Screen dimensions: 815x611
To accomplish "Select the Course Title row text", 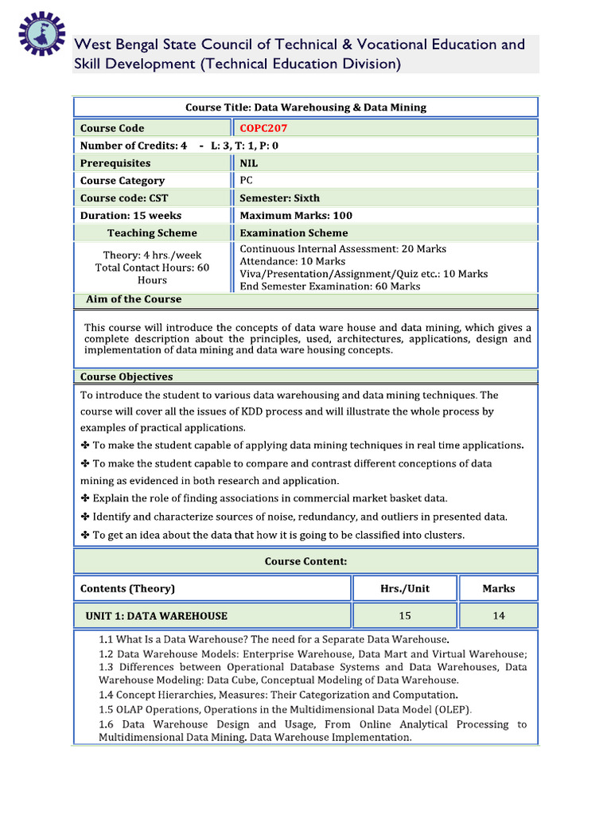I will (305, 107).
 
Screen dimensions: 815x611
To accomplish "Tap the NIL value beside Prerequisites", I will (249, 163).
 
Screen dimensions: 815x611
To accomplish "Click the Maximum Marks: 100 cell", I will (296, 216).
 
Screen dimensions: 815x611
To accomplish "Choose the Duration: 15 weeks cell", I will (130, 216).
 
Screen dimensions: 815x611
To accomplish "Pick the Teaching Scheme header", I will (152, 233).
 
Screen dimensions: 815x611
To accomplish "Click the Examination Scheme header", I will (294, 233).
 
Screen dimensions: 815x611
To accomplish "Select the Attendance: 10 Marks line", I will (292, 261).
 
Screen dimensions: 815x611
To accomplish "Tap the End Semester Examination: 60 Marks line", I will (329, 286).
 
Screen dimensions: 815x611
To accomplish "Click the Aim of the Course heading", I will (134, 299).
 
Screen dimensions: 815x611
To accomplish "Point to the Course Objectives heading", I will (126, 376).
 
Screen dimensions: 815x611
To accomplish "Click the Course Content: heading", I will (305, 561).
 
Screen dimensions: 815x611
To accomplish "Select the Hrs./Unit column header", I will (404, 589).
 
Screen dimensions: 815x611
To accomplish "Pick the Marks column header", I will (498, 589).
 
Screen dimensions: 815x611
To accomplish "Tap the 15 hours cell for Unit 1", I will (405, 616).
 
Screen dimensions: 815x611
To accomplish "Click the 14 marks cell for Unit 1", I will (498, 616).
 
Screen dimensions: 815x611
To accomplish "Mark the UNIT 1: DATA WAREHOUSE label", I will (156, 616).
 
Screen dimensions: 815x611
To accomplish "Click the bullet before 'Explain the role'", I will (85, 498).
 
